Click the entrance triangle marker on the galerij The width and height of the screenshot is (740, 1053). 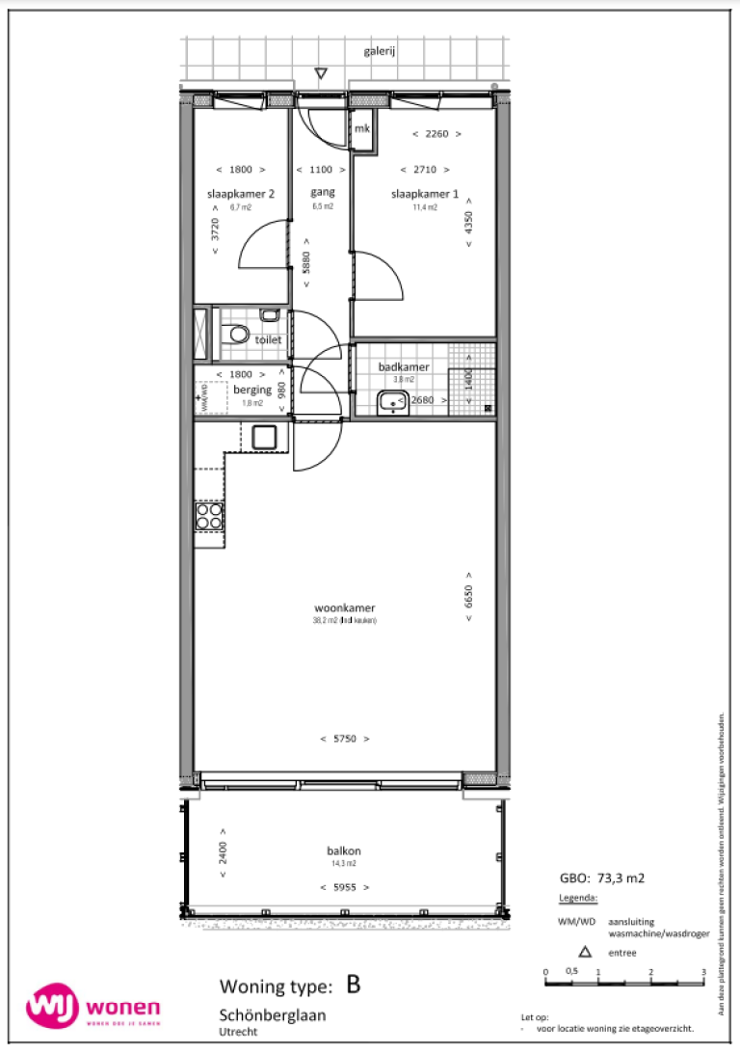[x=322, y=73]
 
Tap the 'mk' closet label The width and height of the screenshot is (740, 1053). [x=363, y=129]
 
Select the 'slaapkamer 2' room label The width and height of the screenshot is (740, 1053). [x=241, y=194]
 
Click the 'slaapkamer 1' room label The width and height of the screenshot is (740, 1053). [x=425, y=194]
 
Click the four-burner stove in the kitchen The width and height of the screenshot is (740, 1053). [x=209, y=517]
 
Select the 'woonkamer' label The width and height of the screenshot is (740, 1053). [x=344, y=607]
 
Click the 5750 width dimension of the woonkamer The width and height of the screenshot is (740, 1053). [x=344, y=739]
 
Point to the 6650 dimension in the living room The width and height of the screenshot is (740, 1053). [x=469, y=596]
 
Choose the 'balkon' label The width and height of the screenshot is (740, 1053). [x=343, y=851]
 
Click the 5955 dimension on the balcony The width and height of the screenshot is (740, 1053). [x=344, y=887]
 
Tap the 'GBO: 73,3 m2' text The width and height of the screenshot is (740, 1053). [x=602, y=879]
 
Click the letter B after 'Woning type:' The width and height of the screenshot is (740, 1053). [x=354, y=985]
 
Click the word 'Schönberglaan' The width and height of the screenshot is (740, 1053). [x=273, y=1015]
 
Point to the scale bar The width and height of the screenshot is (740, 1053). [x=624, y=983]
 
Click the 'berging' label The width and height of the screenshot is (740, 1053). [x=252, y=390]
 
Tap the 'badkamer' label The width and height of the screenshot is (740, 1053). [x=404, y=367]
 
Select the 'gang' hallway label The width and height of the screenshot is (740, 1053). [x=322, y=194]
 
